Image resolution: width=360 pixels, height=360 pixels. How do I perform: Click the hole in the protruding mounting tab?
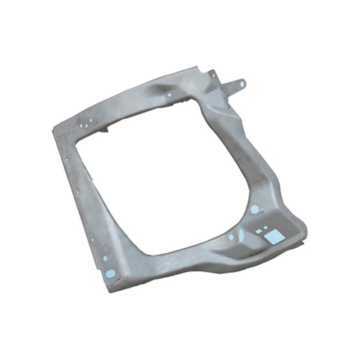(x=242, y=84)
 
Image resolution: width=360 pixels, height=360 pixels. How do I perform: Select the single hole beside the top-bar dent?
(x=169, y=95)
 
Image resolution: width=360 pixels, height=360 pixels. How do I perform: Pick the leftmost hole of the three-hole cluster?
(x=81, y=126)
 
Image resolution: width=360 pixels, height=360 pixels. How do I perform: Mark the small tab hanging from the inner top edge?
(x=105, y=130)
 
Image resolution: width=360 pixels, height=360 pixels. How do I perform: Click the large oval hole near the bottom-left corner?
(x=110, y=273)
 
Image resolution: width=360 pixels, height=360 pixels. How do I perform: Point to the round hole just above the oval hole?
(x=105, y=258)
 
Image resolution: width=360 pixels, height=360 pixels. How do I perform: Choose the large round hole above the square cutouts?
(x=254, y=209)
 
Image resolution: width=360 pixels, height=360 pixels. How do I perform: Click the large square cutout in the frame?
(x=274, y=237)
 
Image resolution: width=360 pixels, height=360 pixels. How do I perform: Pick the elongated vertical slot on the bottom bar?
(x=241, y=235)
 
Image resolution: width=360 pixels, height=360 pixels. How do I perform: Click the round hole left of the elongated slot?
(x=231, y=237)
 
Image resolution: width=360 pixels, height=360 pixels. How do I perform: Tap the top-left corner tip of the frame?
(x=54, y=128)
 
